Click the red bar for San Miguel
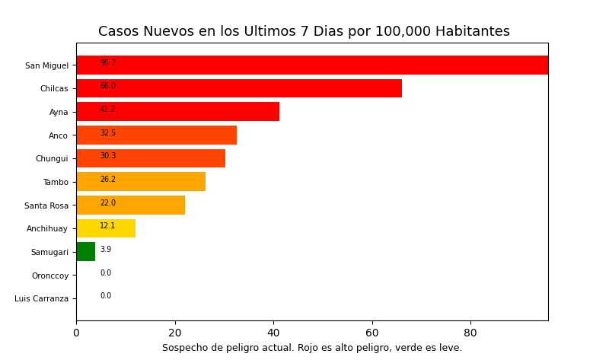[312, 65]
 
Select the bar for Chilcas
[239, 88]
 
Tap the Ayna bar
[178, 112]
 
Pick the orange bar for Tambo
[141, 182]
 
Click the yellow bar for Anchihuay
[106, 228]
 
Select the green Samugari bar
[85, 252]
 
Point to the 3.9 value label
[106, 250]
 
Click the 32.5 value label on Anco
[108, 133]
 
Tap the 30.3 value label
[108, 156]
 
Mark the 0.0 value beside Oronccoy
[106, 273]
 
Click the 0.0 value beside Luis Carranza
[106, 296]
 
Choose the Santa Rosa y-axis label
[46, 205]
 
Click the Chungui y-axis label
[52, 159]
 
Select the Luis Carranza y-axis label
[41, 299]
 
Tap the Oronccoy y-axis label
[50, 276]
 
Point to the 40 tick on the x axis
[273, 333]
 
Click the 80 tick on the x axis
[470, 333]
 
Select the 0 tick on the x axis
[76, 333]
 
